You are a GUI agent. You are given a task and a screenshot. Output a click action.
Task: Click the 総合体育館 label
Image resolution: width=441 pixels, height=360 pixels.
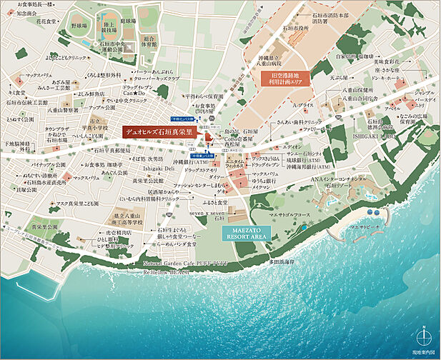pos(149,42)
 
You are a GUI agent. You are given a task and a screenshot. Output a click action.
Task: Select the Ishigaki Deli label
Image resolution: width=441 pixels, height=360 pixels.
pos(158,167)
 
